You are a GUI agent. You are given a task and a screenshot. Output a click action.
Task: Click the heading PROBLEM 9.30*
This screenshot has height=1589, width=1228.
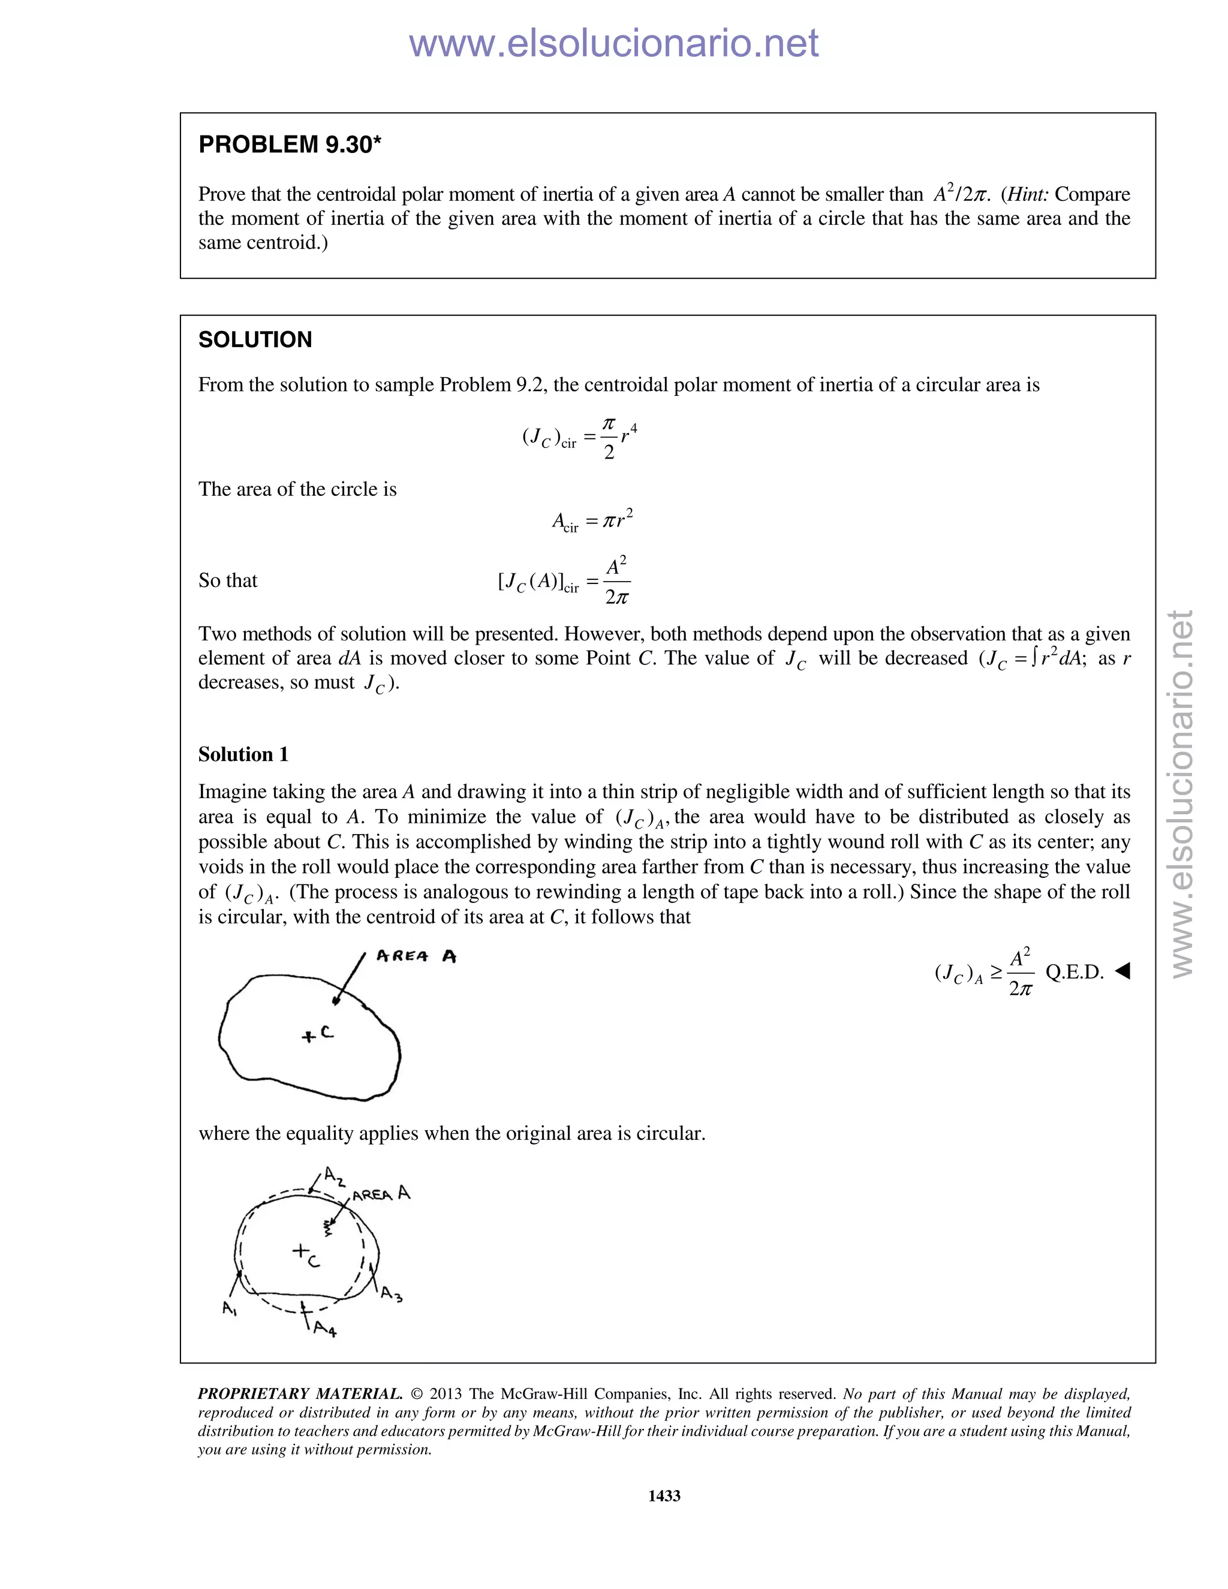tap(290, 145)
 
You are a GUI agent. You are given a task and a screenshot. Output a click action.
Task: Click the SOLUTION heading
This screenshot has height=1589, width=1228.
tap(255, 340)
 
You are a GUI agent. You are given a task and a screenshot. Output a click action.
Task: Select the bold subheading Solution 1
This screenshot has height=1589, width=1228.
tap(243, 754)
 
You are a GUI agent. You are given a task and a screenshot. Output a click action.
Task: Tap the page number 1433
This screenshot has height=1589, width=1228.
tap(664, 1495)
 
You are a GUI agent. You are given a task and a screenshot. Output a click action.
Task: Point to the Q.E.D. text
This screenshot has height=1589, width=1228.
tap(1074, 972)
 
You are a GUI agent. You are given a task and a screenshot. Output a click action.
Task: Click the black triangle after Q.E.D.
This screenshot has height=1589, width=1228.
tap(1122, 971)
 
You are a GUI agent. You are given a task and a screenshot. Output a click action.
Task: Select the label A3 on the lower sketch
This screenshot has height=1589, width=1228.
tap(391, 1293)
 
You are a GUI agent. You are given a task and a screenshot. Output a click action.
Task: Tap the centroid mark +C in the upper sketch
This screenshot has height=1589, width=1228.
tap(317, 1034)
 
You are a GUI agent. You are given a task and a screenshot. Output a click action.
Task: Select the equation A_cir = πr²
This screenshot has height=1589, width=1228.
tap(592, 521)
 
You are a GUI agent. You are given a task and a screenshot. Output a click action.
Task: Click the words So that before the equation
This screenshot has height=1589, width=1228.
tap(228, 580)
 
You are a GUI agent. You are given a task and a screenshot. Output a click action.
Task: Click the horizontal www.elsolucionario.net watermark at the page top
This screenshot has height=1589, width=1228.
tap(613, 44)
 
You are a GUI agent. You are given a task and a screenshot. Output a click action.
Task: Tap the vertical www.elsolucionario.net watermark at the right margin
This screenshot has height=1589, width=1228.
tap(1182, 793)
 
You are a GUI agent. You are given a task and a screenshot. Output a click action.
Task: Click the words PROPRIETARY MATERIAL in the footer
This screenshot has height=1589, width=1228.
tap(300, 1394)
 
